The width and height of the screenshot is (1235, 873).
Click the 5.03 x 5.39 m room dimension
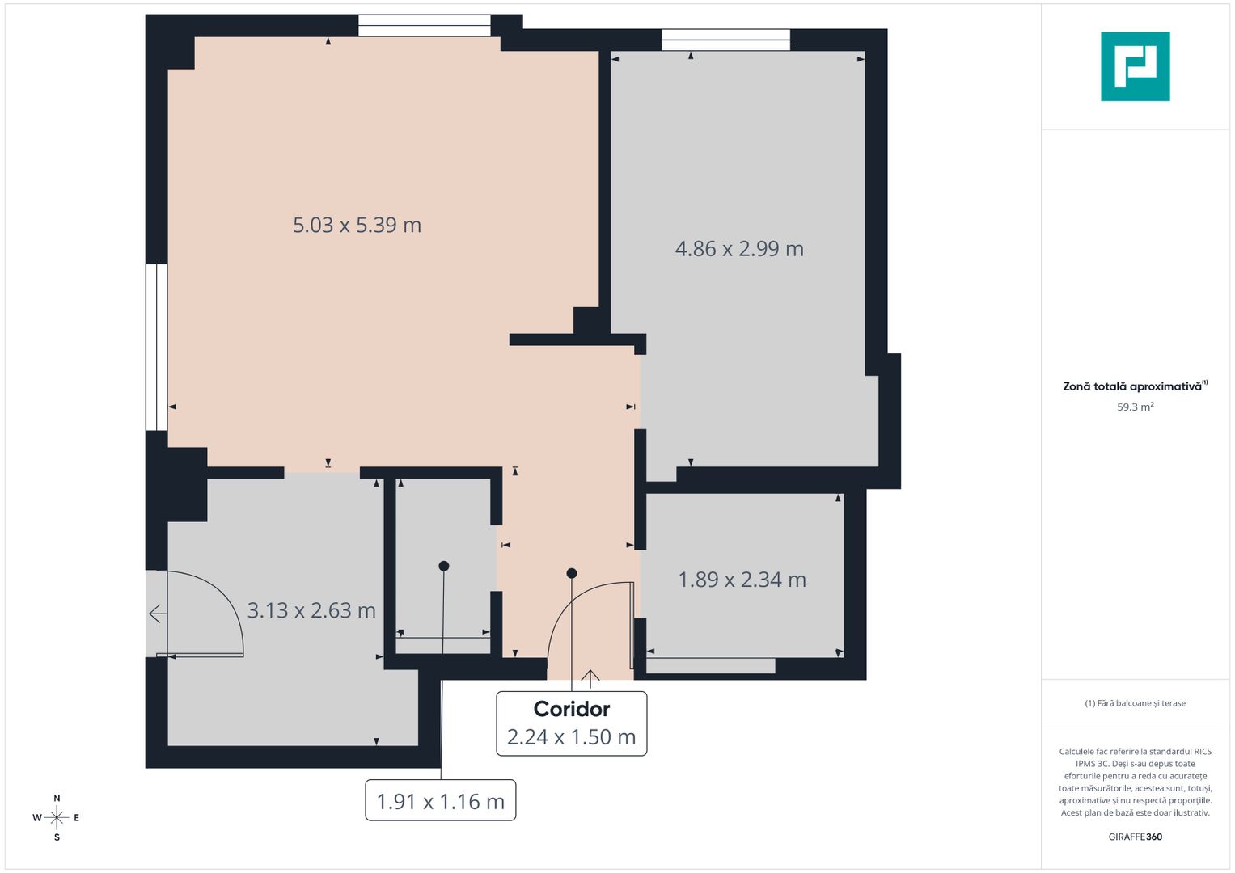click(x=357, y=225)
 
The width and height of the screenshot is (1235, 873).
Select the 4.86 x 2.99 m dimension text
click(x=739, y=249)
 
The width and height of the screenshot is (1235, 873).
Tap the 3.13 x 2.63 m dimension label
click(x=311, y=610)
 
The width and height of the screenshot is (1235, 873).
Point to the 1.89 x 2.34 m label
click(x=742, y=580)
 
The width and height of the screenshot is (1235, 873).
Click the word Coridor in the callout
click(x=572, y=709)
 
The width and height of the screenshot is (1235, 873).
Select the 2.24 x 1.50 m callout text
click(x=571, y=737)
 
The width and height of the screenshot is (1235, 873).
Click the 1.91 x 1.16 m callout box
click(x=441, y=801)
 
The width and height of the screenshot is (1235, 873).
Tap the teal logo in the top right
click(x=1135, y=66)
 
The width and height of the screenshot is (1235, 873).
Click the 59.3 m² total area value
click(x=1135, y=407)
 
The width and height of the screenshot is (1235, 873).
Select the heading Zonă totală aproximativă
click(x=1132, y=386)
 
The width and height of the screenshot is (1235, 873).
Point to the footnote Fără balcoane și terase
click(x=1135, y=703)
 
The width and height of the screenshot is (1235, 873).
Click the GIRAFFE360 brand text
click(x=1135, y=837)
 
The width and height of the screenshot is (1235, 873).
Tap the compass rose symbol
click(x=57, y=818)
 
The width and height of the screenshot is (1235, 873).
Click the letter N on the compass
click(x=57, y=799)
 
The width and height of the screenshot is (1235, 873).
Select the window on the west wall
click(x=156, y=347)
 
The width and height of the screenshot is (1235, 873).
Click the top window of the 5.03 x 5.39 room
click(x=424, y=26)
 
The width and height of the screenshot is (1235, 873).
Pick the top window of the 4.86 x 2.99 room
click(x=725, y=40)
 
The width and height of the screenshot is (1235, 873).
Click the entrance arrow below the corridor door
click(x=590, y=679)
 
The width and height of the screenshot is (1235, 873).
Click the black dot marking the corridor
click(x=572, y=573)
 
